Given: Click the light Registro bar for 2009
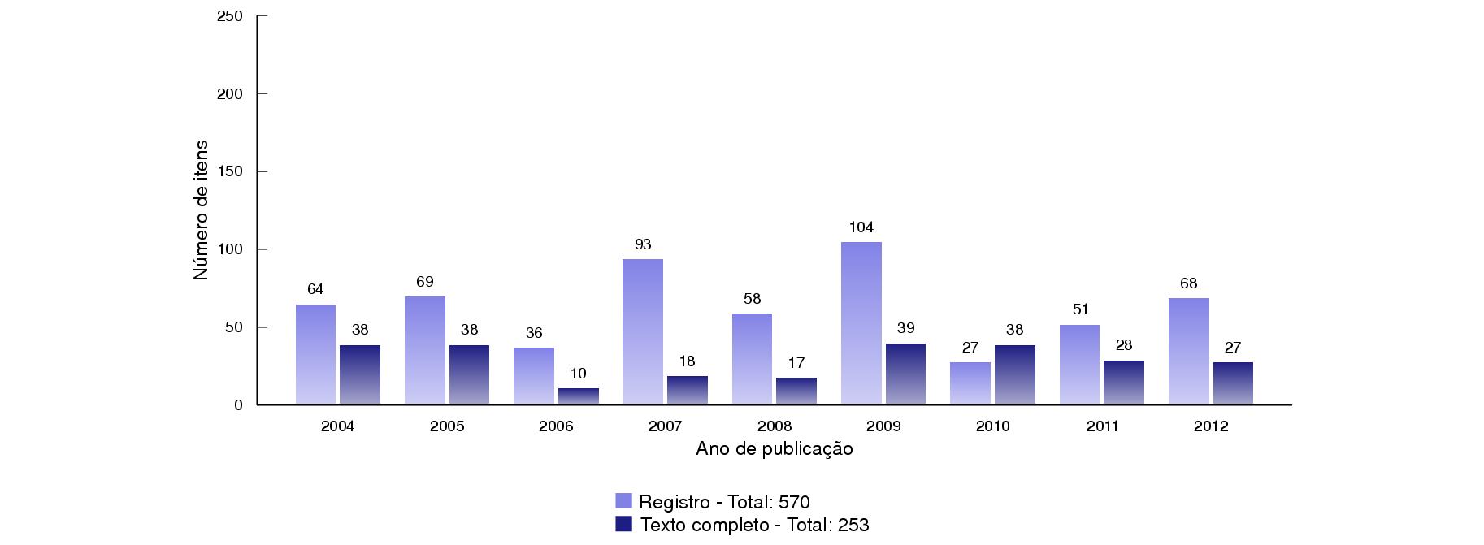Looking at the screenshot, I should [861, 322].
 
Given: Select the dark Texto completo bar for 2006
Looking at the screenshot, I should [578, 396].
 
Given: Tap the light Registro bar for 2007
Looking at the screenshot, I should [642, 331].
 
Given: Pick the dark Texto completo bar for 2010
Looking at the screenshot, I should [1014, 374].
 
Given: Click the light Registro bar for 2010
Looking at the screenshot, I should [970, 383].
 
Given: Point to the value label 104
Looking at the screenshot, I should [861, 227].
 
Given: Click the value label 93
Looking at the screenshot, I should [642, 244].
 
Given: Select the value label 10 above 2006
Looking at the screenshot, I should [578, 374].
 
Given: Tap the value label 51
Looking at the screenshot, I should [1079, 309].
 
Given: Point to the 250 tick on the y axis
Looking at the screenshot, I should [231, 16].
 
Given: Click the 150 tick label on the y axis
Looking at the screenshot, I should [231, 172].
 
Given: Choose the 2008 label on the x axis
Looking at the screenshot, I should [774, 426].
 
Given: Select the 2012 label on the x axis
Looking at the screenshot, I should [1211, 426].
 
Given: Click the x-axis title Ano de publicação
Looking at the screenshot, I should [774, 449].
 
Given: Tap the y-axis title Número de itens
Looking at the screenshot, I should [201, 210].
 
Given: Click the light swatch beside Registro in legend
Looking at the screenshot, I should [623, 500].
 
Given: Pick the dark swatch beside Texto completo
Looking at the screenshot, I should [623, 524].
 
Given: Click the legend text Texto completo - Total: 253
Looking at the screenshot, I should [754, 525].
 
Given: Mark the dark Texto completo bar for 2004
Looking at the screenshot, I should [360, 374].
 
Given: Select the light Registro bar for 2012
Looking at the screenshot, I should [1188, 351].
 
